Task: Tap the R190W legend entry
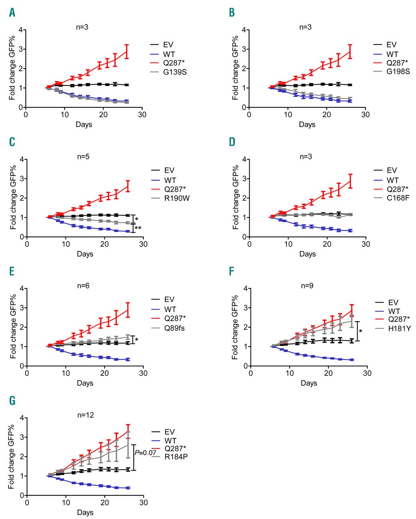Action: point(177,199)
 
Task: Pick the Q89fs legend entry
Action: point(175,328)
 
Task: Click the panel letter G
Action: point(12,401)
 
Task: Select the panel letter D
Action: point(232,142)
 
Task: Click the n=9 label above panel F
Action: point(308,286)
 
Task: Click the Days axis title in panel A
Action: point(84,124)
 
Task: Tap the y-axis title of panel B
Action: point(236,68)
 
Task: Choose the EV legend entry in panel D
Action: point(392,170)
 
